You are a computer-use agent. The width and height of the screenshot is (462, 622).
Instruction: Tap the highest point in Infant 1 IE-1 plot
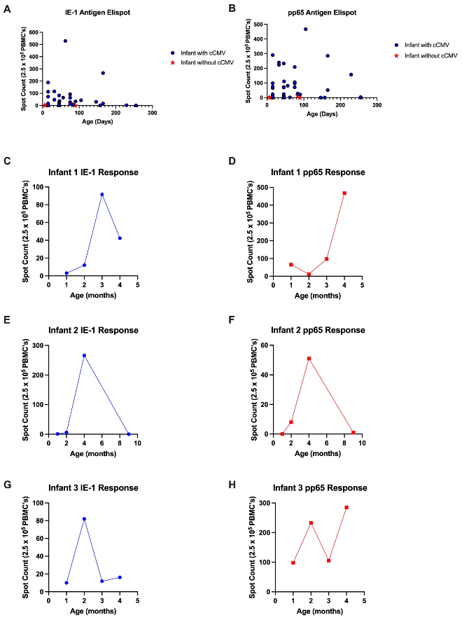(x=102, y=194)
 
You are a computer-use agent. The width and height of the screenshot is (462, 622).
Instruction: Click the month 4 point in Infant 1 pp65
(x=344, y=193)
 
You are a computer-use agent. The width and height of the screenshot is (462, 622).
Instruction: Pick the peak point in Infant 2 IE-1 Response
(x=84, y=355)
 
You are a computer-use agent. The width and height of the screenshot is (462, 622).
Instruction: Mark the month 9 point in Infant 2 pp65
(x=353, y=433)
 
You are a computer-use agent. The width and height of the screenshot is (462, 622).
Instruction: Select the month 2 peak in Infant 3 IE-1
(x=84, y=519)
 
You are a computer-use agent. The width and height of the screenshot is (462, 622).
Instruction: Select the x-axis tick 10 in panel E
(x=137, y=443)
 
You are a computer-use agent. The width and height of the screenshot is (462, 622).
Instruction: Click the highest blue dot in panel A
(x=65, y=41)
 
